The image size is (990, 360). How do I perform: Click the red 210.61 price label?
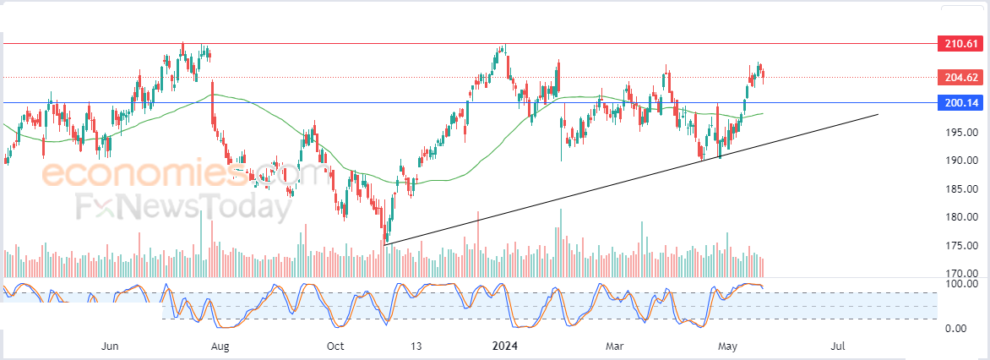pyautogui.click(x=960, y=44)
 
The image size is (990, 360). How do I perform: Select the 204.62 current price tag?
pyautogui.click(x=960, y=78)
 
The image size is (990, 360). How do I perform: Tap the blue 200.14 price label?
pyautogui.click(x=960, y=102)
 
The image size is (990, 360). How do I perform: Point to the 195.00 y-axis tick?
pyautogui.click(x=962, y=133)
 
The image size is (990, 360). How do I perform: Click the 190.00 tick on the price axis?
pyautogui.click(x=962, y=161)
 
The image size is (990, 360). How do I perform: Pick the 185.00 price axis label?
pyautogui.click(x=962, y=188)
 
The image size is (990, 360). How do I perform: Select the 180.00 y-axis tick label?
pyautogui.click(x=962, y=217)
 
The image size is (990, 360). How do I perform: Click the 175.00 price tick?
pyautogui.click(x=962, y=246)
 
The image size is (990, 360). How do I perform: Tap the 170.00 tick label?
pyautogui.click(x=962, y=274)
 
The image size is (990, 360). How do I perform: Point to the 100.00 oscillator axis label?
pyautogui.click(x=962, y=284)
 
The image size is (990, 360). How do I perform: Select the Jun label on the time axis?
pyautogui.click(x=111, y=346)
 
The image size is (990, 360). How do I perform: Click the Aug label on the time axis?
pyautogui.click(x=220, y=346)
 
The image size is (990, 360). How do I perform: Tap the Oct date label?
pyautogui.click(x=335, y=346)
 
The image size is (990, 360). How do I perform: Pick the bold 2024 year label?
pyautogui.click(x=505, y=346)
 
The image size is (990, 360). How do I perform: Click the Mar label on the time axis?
pyautogui.click(x=614, y=346)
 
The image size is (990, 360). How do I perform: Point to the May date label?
pyautogui.click(x=728, y=346)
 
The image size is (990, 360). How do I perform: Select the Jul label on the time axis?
pyautogui.click(x=839, y=346)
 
